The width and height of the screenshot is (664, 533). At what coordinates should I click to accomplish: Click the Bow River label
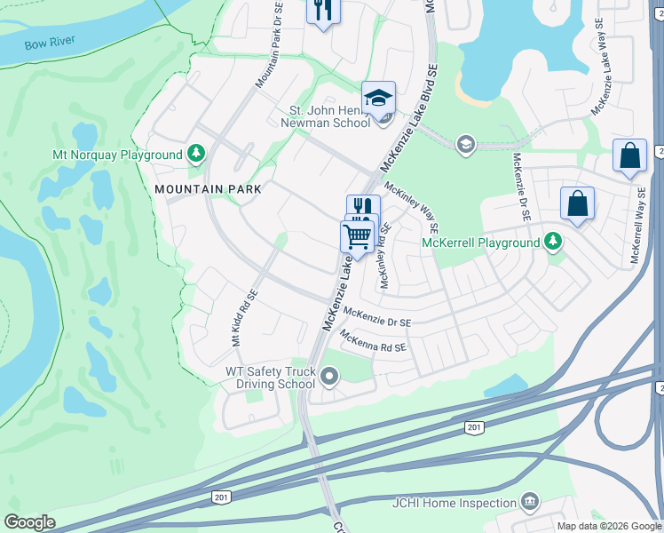click(x=50, y=42)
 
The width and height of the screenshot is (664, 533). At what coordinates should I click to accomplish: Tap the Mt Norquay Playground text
click(x=117, y=155)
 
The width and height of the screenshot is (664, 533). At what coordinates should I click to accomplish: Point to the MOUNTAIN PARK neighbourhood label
click(x=208, y=189)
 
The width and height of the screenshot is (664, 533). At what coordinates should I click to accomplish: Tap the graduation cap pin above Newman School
click(x=378, y=98)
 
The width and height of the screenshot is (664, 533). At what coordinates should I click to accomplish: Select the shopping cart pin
click(x=357, y=237)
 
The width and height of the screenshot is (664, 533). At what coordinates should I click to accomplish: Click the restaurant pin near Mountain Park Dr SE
click(x=322, y=11)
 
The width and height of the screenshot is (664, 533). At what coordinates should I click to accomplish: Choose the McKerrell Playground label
click(x=480, y=243)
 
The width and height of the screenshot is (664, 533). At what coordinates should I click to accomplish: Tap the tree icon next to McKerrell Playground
click(x=553, y=242)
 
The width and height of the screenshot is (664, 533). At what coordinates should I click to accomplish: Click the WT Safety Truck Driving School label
click(x=271, y=378)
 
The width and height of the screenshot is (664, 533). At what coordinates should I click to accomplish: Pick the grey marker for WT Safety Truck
click(x=329, y=378)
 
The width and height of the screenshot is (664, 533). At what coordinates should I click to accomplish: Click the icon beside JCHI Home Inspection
click(x=530, y=502)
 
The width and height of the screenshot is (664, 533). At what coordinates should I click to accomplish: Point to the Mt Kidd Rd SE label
click(x=244, y=317)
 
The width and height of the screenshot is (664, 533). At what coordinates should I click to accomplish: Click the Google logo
click(x=29, y=522)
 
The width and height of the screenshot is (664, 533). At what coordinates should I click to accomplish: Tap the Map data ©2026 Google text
click(x=609, y=526)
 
